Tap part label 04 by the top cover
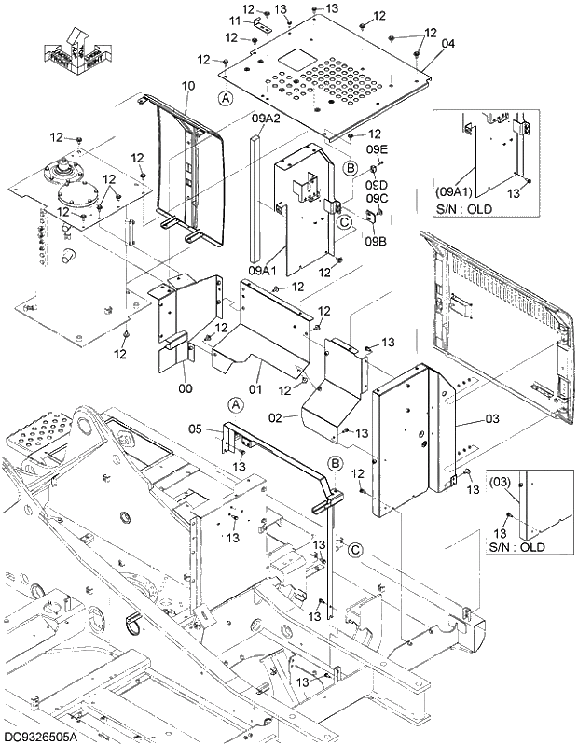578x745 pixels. tap(447, 44)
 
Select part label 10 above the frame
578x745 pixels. tap(188, 86)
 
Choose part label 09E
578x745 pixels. tap(376, 149)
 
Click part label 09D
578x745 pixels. tap(376, 184)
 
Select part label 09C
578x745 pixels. tap(376, 198)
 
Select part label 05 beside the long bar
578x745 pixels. tap(195, 429)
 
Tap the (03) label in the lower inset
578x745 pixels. tap(502, 483)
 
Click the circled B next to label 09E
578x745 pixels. tap(351, 167)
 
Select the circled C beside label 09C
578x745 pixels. tap(343, 222)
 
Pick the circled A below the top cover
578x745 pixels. tap(225, 98)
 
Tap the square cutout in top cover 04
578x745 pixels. tap(299, 58)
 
